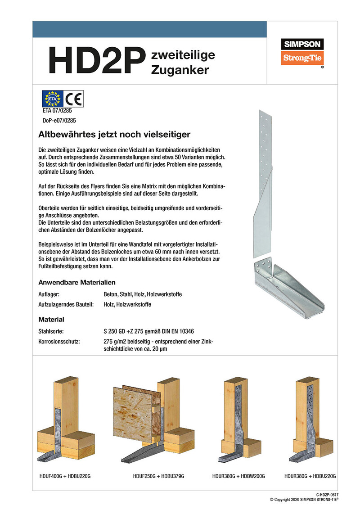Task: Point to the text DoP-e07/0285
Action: pyautogui.click(x=57, y=120)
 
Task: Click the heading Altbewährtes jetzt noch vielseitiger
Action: pyautogui.click(x=115, y=134)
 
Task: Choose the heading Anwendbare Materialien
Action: pyautogui.click(x=77, y=282)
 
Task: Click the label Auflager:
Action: pyautogui.click(x=49, y=294)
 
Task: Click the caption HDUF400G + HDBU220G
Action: pyautogui.click(x=66, y=476)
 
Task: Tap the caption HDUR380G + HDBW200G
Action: pyautogui.click(x=238, y=476)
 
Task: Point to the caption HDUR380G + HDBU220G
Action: pyautogui.click(x=310, y=476)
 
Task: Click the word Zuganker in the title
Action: pyautogui.click(x=180, y=71)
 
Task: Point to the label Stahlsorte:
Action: pyautogui.click(x=51, y=331)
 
